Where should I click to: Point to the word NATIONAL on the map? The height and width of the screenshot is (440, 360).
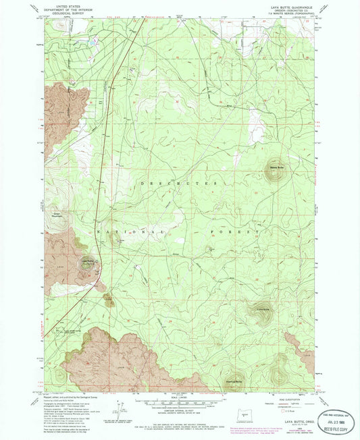pyautogui.click(x=128, y=231)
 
